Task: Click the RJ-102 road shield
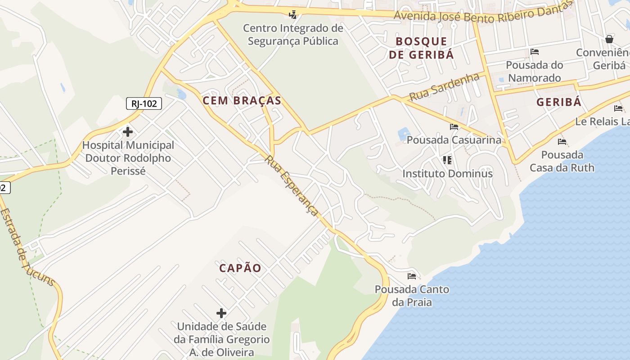pos(144,104)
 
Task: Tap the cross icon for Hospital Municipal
pos(128,132)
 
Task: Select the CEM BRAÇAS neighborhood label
pos(242,100)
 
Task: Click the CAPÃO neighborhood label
pos(240,268)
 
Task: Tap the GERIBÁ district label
pos(559,102)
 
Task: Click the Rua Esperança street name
pos(292,185)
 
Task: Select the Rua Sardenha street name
pos(445,87)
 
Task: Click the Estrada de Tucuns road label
pos(27,247)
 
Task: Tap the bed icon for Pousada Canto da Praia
pos(412,276)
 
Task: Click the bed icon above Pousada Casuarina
pos(454,127)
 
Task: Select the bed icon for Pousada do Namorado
pos(535,52)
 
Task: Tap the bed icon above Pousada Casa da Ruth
pos(562,142)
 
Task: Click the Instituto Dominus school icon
pos(447,160)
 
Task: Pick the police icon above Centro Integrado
pos(293,14)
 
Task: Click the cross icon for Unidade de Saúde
pos(221,313)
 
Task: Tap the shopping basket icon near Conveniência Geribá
pos(609,39)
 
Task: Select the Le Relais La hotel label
pos(602,121)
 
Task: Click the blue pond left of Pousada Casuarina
pos(404,134)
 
